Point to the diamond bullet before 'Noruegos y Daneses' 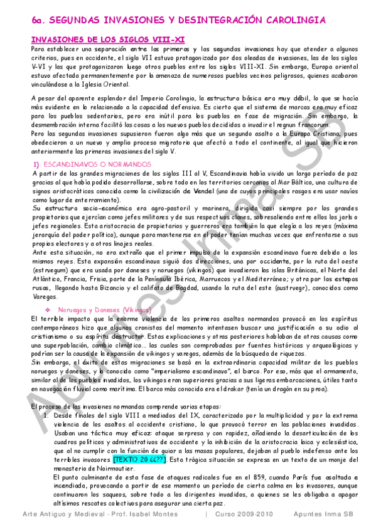[x=48, y=310]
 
